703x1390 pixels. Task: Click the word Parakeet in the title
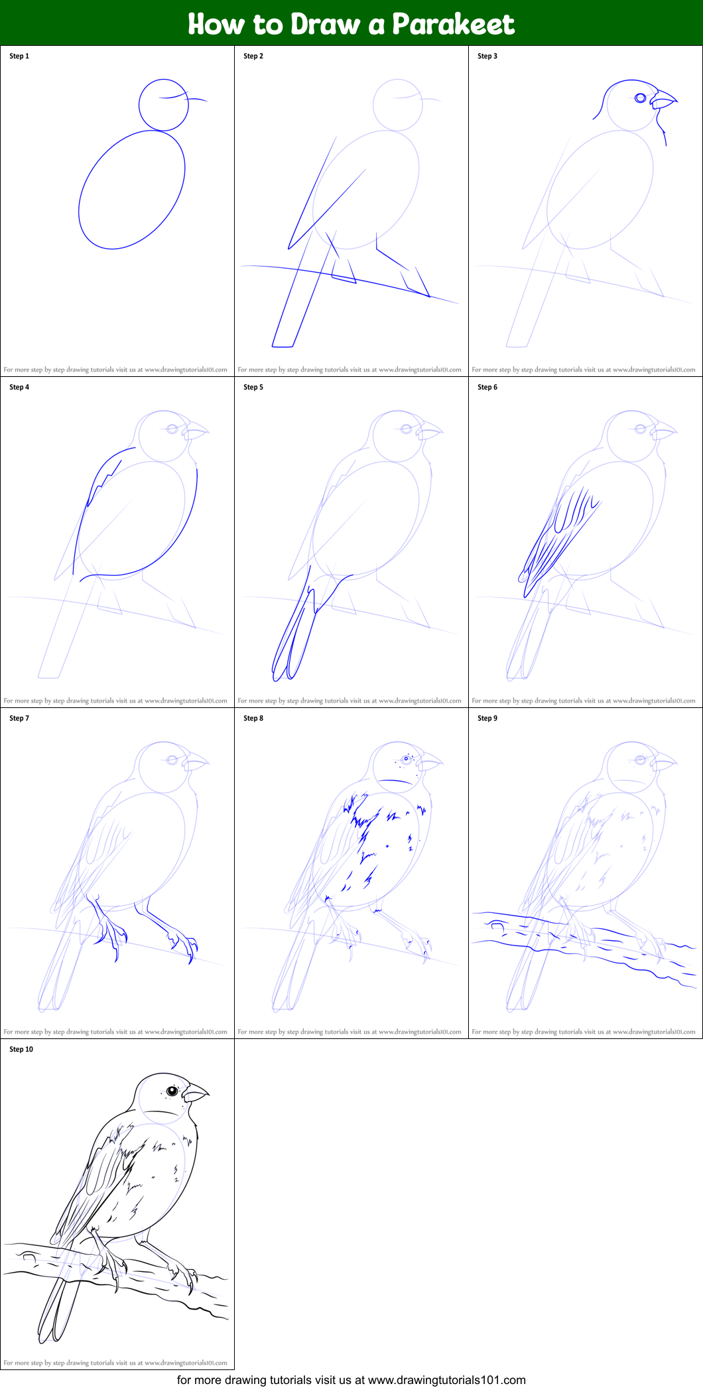(x=453, y=25)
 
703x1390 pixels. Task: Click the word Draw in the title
(x=326, y=25)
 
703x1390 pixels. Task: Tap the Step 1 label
(x=19, y=56)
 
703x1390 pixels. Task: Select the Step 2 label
(x=253, y=56)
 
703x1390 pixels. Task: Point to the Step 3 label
(x=487, y=56)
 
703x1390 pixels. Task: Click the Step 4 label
(x=19, y=387)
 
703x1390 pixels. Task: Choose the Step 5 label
(x=253, y=387)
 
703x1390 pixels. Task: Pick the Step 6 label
(x=487, y=387)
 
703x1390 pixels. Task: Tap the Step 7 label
(x=19, y=719)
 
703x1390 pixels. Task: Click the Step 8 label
(x=253, y=719)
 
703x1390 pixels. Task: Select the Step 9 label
(x=487, y=719)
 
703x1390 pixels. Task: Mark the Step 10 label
(x=21, y=1050)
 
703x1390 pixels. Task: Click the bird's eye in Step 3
(x=640, y=98)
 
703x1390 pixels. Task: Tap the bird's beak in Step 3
(x=663, y=100)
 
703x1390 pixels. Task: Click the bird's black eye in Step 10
(x=172, y=1091)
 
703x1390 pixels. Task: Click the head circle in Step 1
(x=164, y=105)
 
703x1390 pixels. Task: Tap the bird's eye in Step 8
(x=406, y=759)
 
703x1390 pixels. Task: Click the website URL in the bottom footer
(x=446, y=1380)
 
